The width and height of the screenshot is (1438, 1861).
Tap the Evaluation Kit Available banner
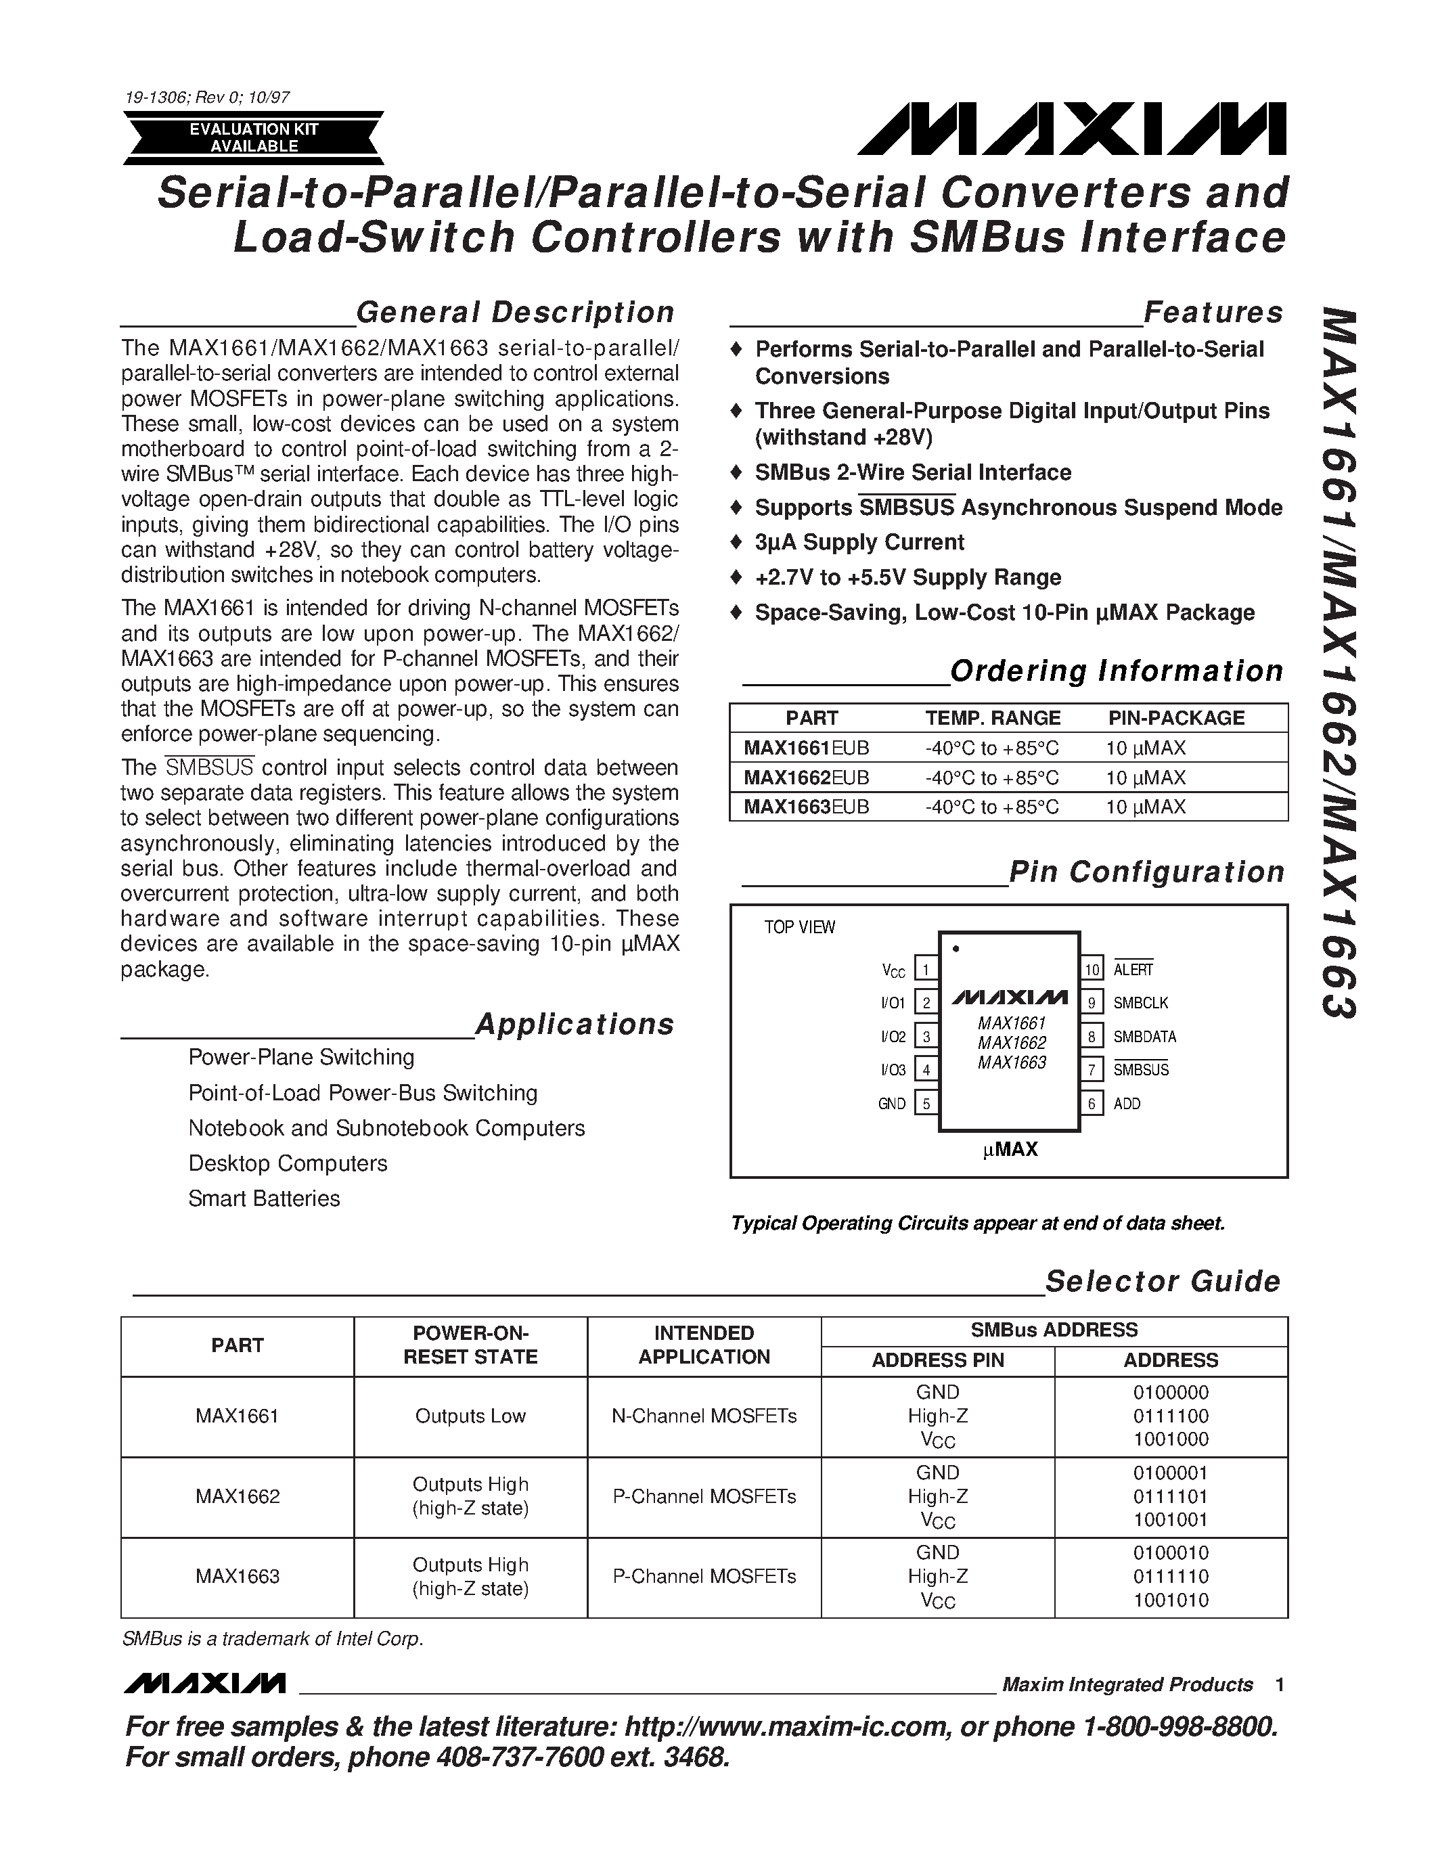pos(254,138)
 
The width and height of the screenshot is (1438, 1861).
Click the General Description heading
pos(514,313)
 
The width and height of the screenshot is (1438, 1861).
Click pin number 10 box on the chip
pos(1092,969)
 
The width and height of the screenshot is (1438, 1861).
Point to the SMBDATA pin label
pos(1144,1036)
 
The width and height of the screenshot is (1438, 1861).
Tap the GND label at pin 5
pos(891,1104)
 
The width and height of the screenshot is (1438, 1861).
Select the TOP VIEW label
pos(799,927)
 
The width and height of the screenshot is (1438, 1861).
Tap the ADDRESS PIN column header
pos(937,1360)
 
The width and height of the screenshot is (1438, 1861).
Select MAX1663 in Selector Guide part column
pos(237,1575)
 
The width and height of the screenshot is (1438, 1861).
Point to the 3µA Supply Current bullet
pos(859,542)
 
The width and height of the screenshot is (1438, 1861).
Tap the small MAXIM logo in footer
pos(204,1684)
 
